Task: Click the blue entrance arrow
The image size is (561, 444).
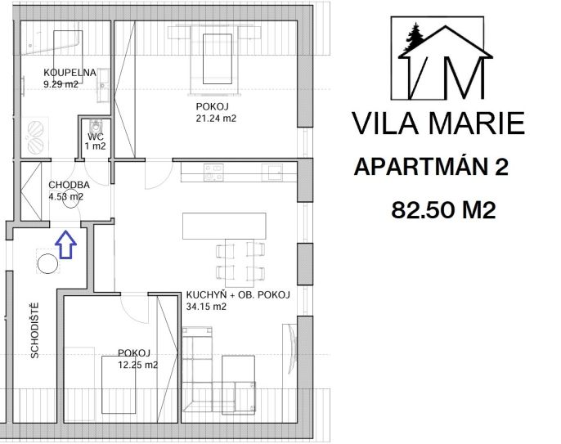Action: [x=65, y=244]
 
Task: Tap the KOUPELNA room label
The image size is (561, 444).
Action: [x=70, y=73]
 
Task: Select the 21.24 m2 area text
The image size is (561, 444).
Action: [x=216, y=119]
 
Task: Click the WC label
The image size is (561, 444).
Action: [x=96, y=137]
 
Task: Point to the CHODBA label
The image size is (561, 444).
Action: [x=69, y=185]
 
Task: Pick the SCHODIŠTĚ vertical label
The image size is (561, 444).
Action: [x=34, y=330]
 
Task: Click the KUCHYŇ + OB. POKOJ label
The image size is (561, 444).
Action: [x=238, y=295]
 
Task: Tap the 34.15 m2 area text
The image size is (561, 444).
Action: [x=206, y=307]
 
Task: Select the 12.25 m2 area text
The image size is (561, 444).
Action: [x=137, y=365]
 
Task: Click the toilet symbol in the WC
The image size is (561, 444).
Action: [x=96, y=126]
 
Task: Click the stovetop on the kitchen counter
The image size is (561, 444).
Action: [x=213, y=173]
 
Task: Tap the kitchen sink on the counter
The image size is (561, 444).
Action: [x=272, y=173]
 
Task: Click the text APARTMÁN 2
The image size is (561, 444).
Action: [x=431, y=167]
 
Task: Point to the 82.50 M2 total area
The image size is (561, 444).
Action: [x=443, y=209]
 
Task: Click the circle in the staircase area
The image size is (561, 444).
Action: [x=47, y=263]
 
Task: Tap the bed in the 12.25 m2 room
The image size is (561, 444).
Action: [x=119, y=384]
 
